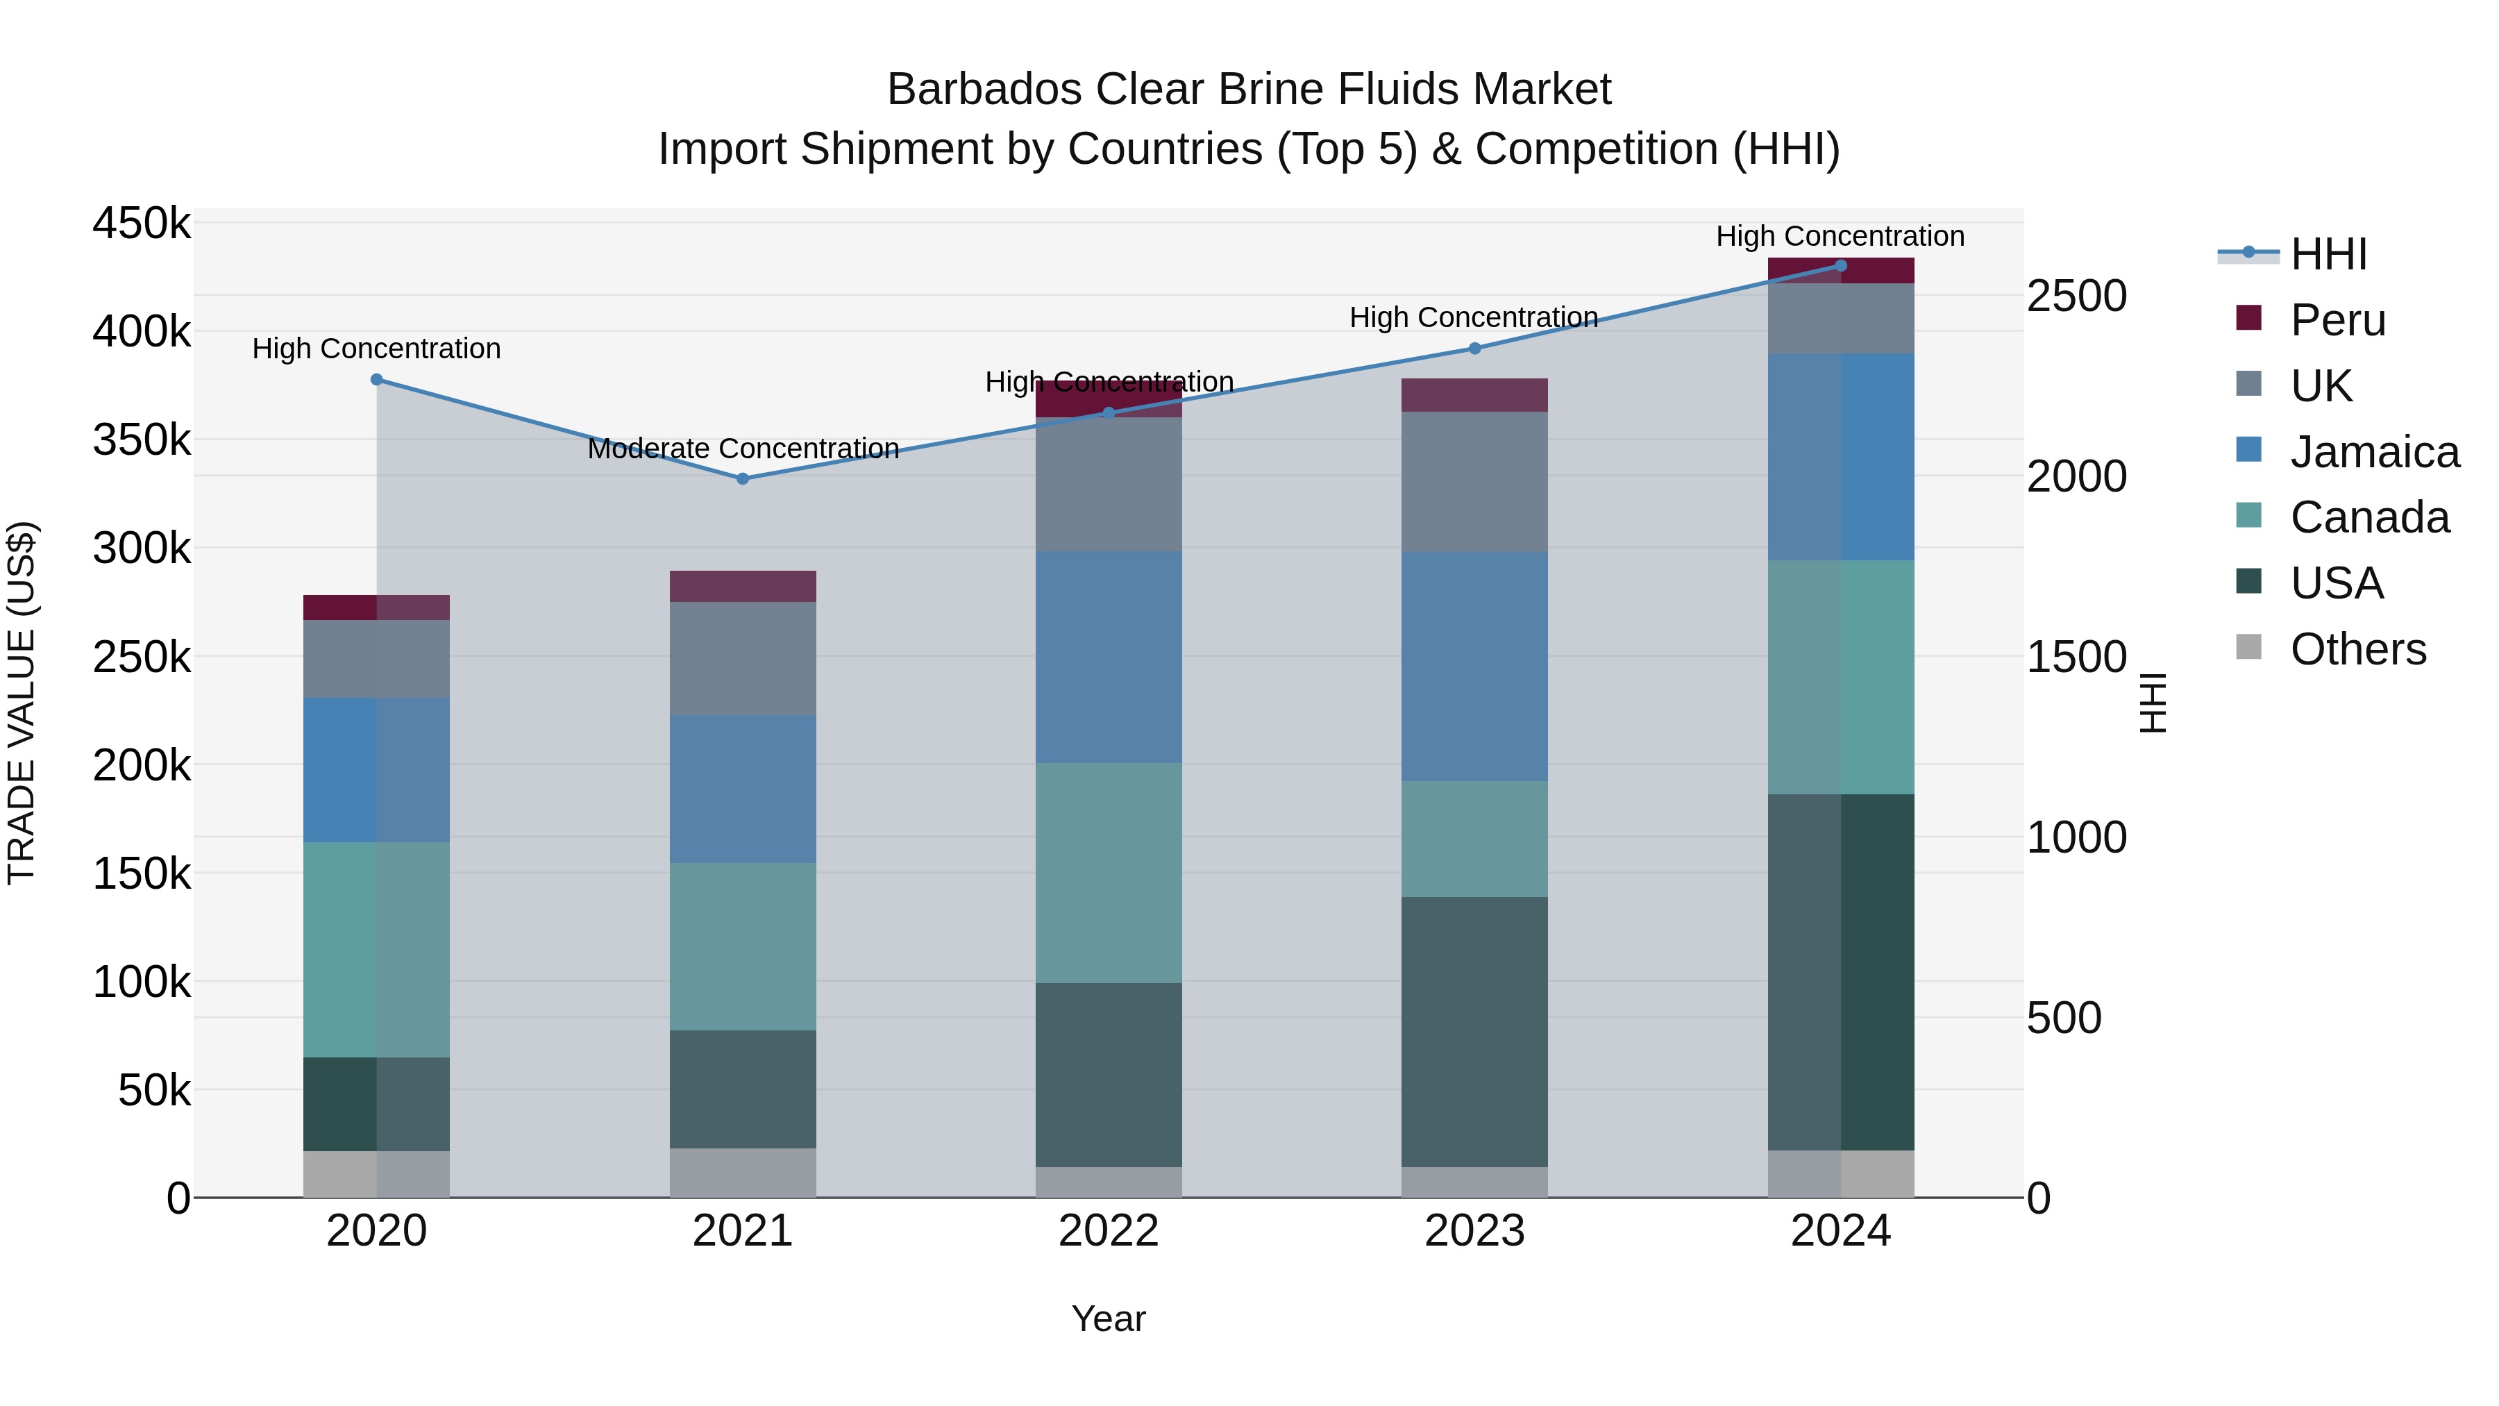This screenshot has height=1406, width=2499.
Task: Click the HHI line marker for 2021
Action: (742, 478)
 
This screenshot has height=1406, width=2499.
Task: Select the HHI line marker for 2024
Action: (1840, 266)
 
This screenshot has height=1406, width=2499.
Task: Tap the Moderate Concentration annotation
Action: (743, 449)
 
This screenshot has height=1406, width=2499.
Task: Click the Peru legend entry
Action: (2337, 319)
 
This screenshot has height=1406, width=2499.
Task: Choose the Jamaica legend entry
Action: (2374, 451)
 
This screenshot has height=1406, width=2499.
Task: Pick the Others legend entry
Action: (2357, 648)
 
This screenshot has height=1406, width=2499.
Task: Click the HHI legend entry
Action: (2328, 254)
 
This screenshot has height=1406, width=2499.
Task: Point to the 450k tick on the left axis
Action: (142, 223)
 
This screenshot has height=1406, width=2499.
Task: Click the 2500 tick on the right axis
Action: (2076, 295)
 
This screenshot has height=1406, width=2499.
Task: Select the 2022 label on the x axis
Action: (1108, 1231)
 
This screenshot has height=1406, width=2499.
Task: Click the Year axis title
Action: (1108, 1319)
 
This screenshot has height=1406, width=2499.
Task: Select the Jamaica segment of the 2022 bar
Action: (1108, 657)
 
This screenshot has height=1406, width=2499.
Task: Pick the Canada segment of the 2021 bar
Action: (742, 946)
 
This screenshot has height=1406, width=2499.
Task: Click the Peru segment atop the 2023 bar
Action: (1474, 395)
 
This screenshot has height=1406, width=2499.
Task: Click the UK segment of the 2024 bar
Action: (1840, 318)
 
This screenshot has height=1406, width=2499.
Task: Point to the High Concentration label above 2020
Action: (376, 349)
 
